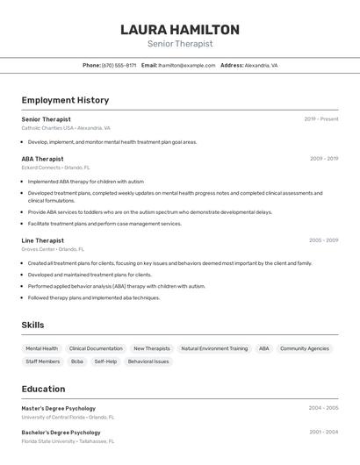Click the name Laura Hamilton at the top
pyautogui.click(x=180, y=30)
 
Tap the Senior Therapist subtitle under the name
pyautogui.click(x=180, y=44)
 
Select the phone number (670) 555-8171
pyautogui.click(x=119, y=65)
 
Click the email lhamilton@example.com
pyautogui.click(x=187, y=65)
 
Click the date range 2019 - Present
pyautogui.click(x=321, y=119)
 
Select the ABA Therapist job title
pyautogui.click(x=43, y=159)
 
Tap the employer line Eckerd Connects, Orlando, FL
pyautogui.click(x=55, y=168)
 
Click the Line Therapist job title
pyautogui.click(x=43, y=240)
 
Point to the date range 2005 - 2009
pyautogui.click(x=323, y=240)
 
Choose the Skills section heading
pyautogui.click(x=32, y=325)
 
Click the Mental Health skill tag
pyautogui.click(x=42, y=348)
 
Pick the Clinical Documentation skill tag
pyautogui.click(x=96, y=348)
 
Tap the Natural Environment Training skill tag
pyautogui.click(x=214, y=348)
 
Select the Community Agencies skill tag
pyautogui.click(x=305, y=348)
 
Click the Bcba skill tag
pyautogui.click(x=77, y=361)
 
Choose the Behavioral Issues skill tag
pyautogui.click(x=148, y=361)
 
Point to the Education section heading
pyautogui.click(x=43, y=389)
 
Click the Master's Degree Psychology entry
pyautogui.click(x=59, y=408)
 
